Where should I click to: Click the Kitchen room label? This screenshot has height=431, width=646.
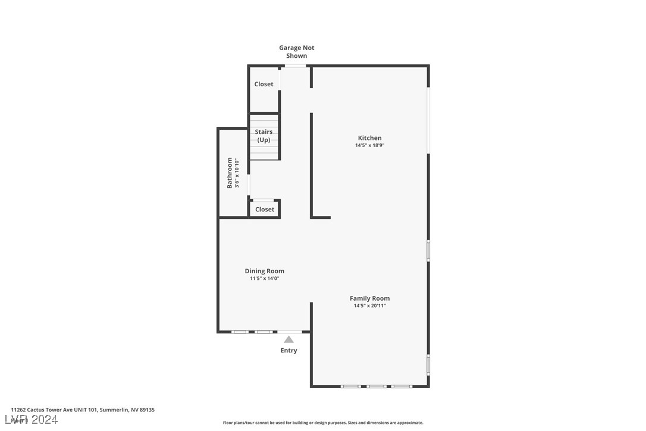click(369, 138)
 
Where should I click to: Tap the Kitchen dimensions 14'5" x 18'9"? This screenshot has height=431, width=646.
click(369, 145)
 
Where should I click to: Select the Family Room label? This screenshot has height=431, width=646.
click(369, 298)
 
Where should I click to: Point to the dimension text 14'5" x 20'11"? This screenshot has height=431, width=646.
click(369, 306)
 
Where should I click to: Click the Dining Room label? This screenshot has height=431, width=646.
click(264, 271)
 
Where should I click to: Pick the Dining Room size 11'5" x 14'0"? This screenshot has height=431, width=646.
click(264, 279)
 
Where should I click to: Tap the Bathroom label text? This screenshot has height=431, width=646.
click(230, 173)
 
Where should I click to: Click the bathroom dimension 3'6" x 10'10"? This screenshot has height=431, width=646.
click(237, 173)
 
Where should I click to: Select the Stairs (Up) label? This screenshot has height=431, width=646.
click(264, 136)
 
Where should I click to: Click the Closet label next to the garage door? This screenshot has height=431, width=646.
click(264, 84)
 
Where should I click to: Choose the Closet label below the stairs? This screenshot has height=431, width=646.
click(265, 210)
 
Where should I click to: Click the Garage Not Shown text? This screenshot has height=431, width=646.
click(297, 52)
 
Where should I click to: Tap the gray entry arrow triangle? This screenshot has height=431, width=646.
click(288, 339)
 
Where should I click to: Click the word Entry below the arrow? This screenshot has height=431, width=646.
click(288, 351)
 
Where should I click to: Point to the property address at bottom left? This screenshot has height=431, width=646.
click(83, 410)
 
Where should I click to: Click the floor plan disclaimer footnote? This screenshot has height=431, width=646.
click(323, 423)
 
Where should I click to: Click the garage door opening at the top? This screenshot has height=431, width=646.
click(296, 65)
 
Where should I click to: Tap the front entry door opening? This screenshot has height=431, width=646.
click(289, 332)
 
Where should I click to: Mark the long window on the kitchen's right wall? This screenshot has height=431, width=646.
click(428, 121)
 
